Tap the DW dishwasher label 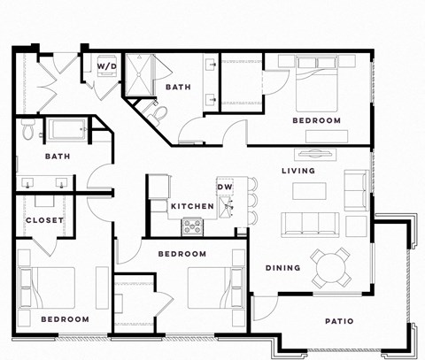pyautogui.click(x=225, y=188)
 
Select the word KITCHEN pyautogui.click(x=192, y=206)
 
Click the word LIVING pyautogui.click(x=298, y=171)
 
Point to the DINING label pyautogui.click(x=282, y=268)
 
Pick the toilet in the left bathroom pyautogui.click(x=28, y=131)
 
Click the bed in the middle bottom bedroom pyautogui.click(x=214, y=287)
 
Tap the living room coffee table pyautogui.click(x=309, y=190)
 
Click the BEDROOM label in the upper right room pyautogui.click(x=316, y=120)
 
